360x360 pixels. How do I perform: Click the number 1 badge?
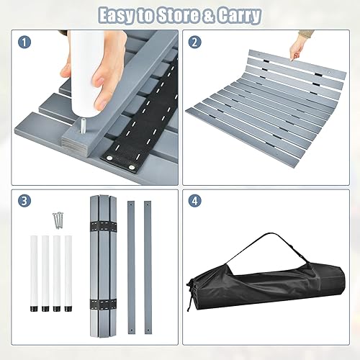(25, 42)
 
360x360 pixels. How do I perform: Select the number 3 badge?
(25, 202)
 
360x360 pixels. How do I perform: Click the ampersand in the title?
(212, 14)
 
